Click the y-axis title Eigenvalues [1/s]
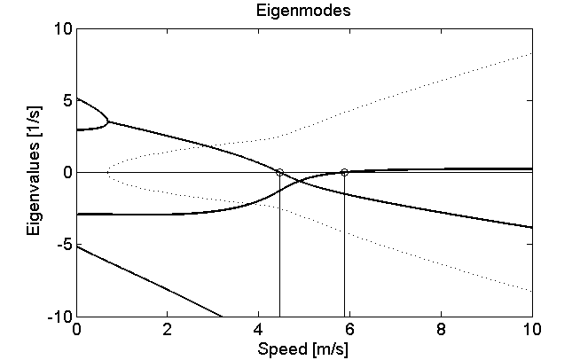point(34,172)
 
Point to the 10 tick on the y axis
point(63,28)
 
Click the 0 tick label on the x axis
point(77,329)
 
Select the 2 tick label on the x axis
point(169,329)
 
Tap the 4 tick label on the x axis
point(259,329)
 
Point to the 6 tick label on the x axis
point(350,329)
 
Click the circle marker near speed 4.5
point(279,172)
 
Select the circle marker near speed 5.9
point(344,172)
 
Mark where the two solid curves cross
point(296,181)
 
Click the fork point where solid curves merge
point(109,121)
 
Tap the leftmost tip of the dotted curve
point(107,172)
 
